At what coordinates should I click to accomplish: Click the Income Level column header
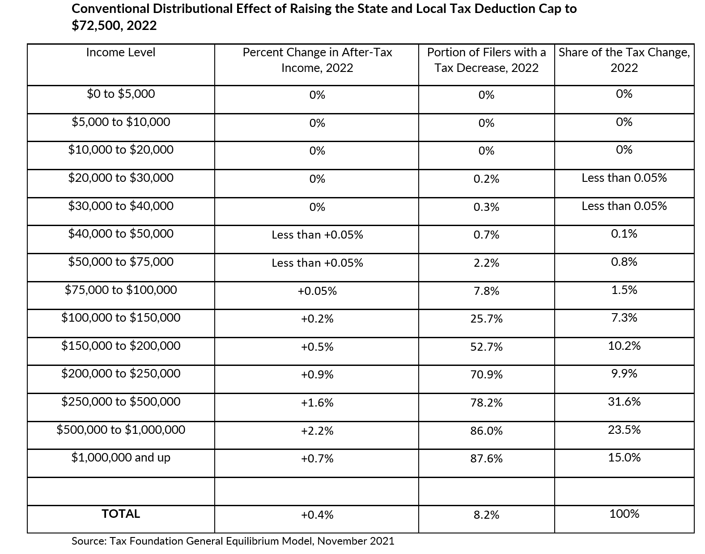coord(121,52)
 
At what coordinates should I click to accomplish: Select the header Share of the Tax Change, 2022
coord(624,60)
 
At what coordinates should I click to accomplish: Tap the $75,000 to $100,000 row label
coord(121,290)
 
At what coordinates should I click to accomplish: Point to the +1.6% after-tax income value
coord(317,403)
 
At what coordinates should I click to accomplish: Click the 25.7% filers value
coord(487,319)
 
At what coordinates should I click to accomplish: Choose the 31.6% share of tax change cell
coord(624,402)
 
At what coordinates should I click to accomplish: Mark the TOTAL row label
coord(121,514)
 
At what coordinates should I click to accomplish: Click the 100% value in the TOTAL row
coord(624,514)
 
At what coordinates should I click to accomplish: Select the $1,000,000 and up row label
coord(121,457)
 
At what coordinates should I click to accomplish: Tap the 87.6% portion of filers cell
coord(487,458)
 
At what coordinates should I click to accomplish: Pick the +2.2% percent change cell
coord(317,431)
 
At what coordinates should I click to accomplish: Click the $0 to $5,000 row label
coord(121,94)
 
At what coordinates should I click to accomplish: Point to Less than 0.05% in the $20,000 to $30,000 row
coord(624,178)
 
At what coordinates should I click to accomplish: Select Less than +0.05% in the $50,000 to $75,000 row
coord(317,263)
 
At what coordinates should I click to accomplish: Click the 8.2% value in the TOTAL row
coord(487,515)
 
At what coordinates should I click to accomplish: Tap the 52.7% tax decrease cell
coord(487,347)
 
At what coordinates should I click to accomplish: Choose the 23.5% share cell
coord(624,430)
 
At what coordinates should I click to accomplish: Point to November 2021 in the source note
coord(356,541)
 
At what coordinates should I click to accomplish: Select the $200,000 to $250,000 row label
coord(121,374)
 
